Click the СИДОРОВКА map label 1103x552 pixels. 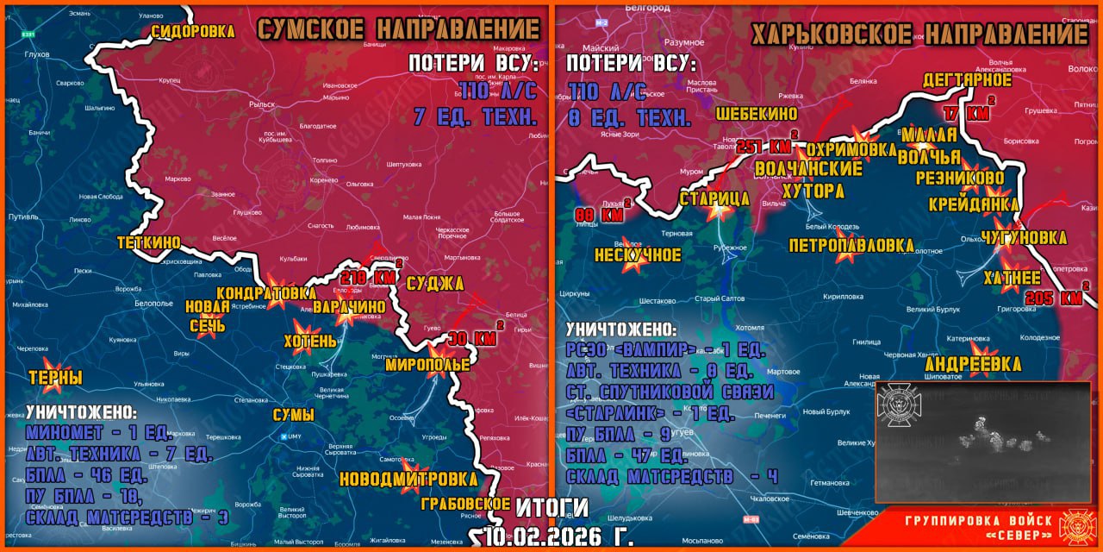(x=193, y=31)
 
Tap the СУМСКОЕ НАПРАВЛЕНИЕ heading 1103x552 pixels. (x=399, y=28)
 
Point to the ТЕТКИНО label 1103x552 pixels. (x=149, y=243)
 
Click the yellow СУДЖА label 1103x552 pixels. (x=434, y=284)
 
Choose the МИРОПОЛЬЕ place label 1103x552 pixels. (x=427, y=365)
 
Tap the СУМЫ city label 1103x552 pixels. (x=293, y=416)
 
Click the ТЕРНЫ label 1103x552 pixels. (x=55, y=378)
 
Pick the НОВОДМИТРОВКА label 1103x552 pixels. (x=408, y=479)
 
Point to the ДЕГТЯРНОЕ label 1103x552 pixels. (x=967, y=80)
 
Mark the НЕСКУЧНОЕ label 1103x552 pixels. (x=638, y=255)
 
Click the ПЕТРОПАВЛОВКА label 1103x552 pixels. (x=851, y=246)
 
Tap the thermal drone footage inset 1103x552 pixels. (x=983, y=442)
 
